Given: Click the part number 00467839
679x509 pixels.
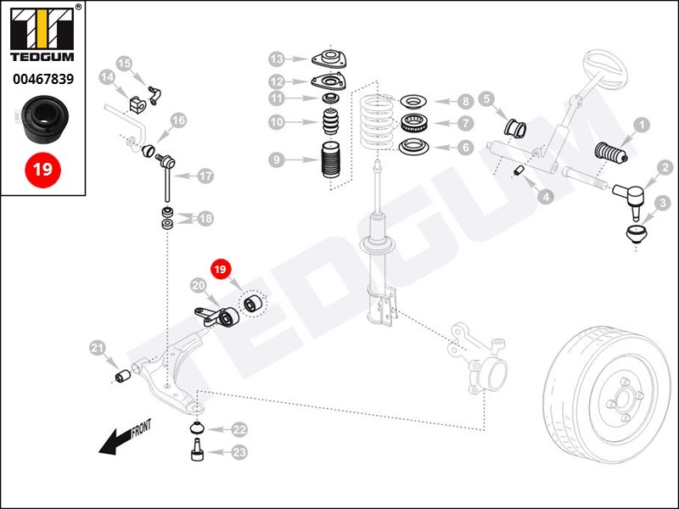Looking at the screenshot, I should click(42, 79).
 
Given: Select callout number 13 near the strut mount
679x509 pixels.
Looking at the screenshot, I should click(278, 59).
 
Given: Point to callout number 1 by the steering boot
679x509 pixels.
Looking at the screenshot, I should click(642, 126).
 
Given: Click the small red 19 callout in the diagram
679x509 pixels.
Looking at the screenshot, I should click(221, 271).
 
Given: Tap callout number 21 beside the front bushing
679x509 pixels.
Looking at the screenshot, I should click(98, 347).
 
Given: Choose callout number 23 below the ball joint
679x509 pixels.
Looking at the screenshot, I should click(239, 453).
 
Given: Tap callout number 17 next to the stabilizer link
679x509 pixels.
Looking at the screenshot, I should click(205, 176).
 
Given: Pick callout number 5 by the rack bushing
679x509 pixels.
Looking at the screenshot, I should click(487, 99).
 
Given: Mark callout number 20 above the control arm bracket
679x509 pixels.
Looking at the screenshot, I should click(199, 287).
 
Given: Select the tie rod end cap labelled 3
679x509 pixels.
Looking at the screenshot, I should click(634, 232).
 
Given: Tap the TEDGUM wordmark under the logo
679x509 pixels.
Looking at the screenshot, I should click(42, 58).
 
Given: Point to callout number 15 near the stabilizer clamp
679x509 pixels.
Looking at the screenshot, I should click(125, 63).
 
